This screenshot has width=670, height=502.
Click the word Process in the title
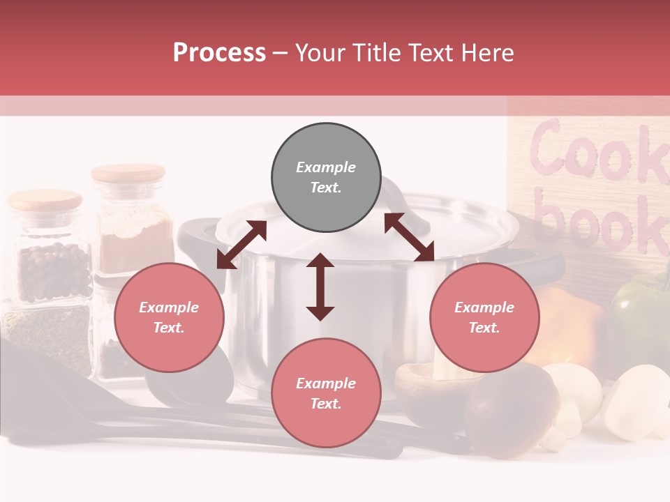coord(219,53)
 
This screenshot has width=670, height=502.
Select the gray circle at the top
coord(326,177)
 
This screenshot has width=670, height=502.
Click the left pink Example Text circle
coord(169,317)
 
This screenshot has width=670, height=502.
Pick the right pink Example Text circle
coord(484,317)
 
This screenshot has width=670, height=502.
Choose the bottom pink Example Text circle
coord(326,393)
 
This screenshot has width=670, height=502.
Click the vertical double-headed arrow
coord(320,287)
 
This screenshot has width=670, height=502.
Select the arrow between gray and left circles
coord(241,245)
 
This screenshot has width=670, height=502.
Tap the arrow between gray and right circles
coord(410,237)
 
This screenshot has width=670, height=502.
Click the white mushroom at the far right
coord(639,401)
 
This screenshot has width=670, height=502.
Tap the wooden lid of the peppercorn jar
coord(45,201)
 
